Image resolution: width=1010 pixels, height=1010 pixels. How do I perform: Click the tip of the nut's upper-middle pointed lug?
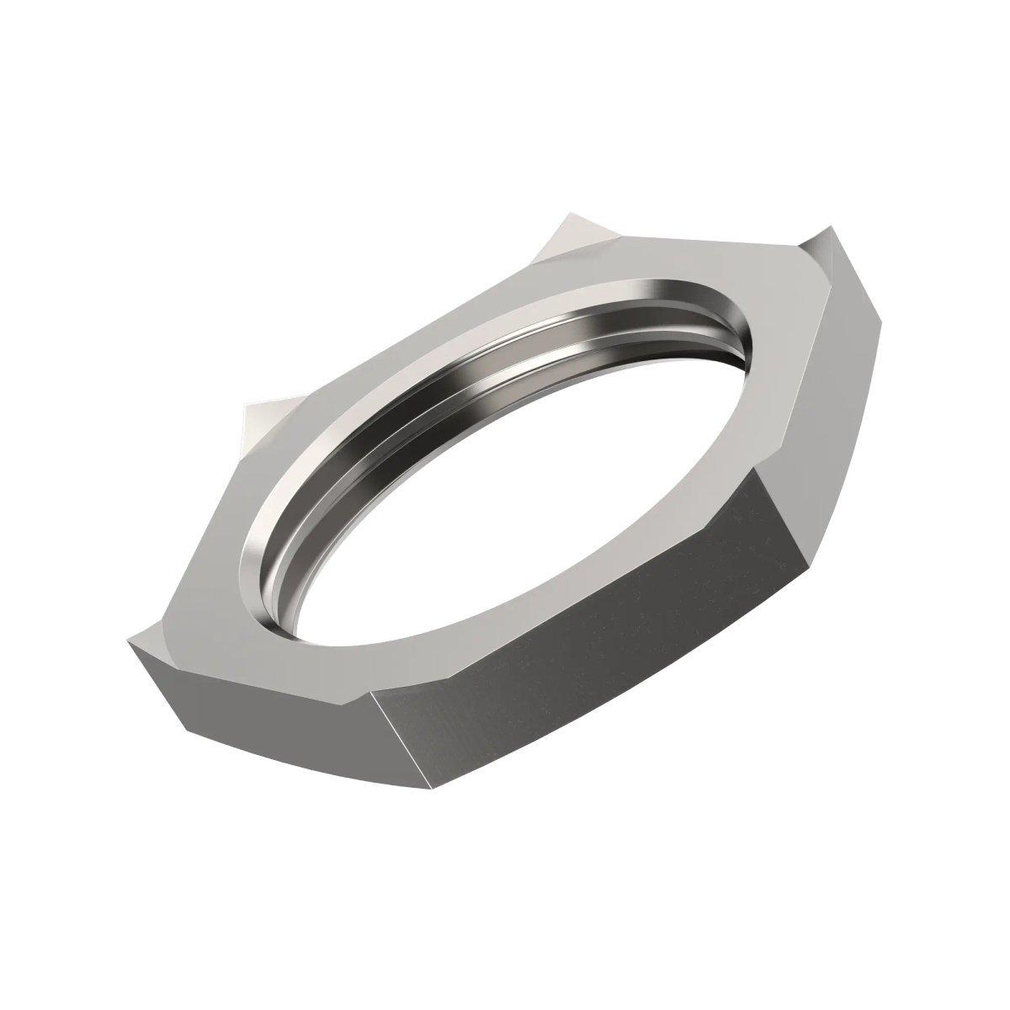click(x=566, y=221)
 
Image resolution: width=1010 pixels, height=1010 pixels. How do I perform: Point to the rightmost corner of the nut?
click(x=885, y=320)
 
